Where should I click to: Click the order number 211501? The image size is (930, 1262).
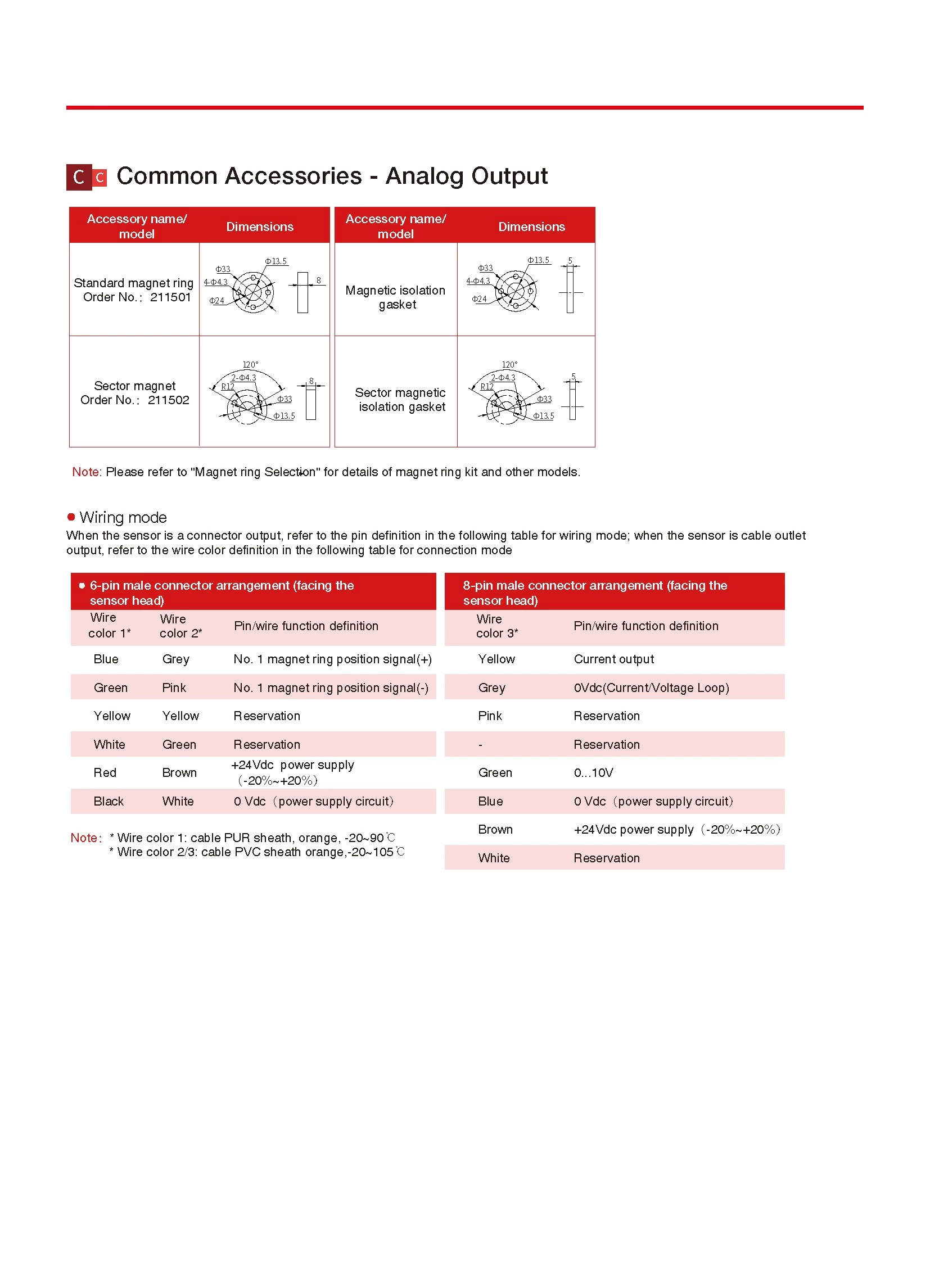[x=170, y=297]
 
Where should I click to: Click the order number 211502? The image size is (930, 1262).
[x=168, y=400]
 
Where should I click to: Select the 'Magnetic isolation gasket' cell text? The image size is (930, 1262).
[x=395, y=297]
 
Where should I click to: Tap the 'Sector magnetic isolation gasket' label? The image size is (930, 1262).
[x=400, y=400]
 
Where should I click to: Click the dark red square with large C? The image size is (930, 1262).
[x=79, y=177]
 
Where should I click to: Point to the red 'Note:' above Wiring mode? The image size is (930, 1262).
[x=86, y=472]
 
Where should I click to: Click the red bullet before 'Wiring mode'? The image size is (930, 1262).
[x=71, y=517]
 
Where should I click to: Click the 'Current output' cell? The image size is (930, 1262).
[x=613, y=659]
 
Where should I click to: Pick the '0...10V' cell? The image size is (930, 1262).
[x=593, y=773]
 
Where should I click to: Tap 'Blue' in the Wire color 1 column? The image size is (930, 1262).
[x=106, y=659]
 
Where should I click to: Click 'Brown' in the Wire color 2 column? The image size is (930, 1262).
[x=179, y=773]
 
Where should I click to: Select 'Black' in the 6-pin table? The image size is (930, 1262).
[x=108, y=802]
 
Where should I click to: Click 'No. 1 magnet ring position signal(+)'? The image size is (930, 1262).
[x=332, y=659]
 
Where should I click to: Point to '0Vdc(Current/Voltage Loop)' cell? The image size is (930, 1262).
[x=651, y=688]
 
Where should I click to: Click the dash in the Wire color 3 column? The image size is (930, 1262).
[x=480, y=745]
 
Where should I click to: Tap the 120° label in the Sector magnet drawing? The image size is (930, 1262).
[x=251, y=364]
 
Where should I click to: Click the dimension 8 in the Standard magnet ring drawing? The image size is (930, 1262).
[x=319, y=280]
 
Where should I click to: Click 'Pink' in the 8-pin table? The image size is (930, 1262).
[x=490, y=716]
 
